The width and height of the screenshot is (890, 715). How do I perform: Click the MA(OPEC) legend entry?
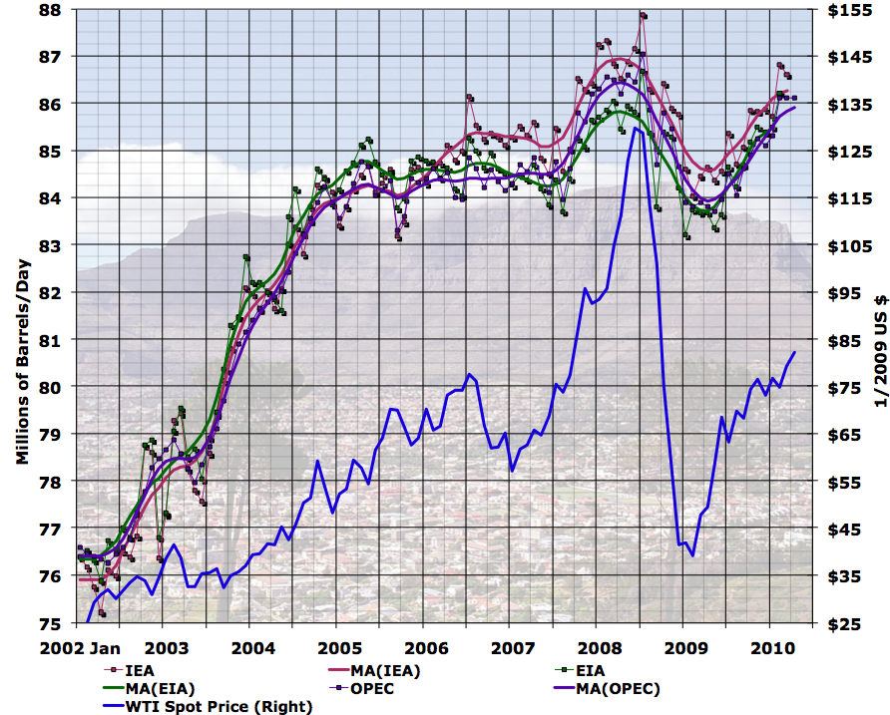618,688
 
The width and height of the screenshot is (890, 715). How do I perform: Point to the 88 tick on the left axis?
51,10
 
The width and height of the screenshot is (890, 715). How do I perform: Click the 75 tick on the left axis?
51,623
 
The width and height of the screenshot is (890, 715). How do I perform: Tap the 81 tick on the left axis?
51,340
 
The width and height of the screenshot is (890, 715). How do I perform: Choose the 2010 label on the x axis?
769,647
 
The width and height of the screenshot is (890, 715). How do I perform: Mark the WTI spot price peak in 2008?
636,128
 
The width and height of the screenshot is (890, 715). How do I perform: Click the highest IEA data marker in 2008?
644,15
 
